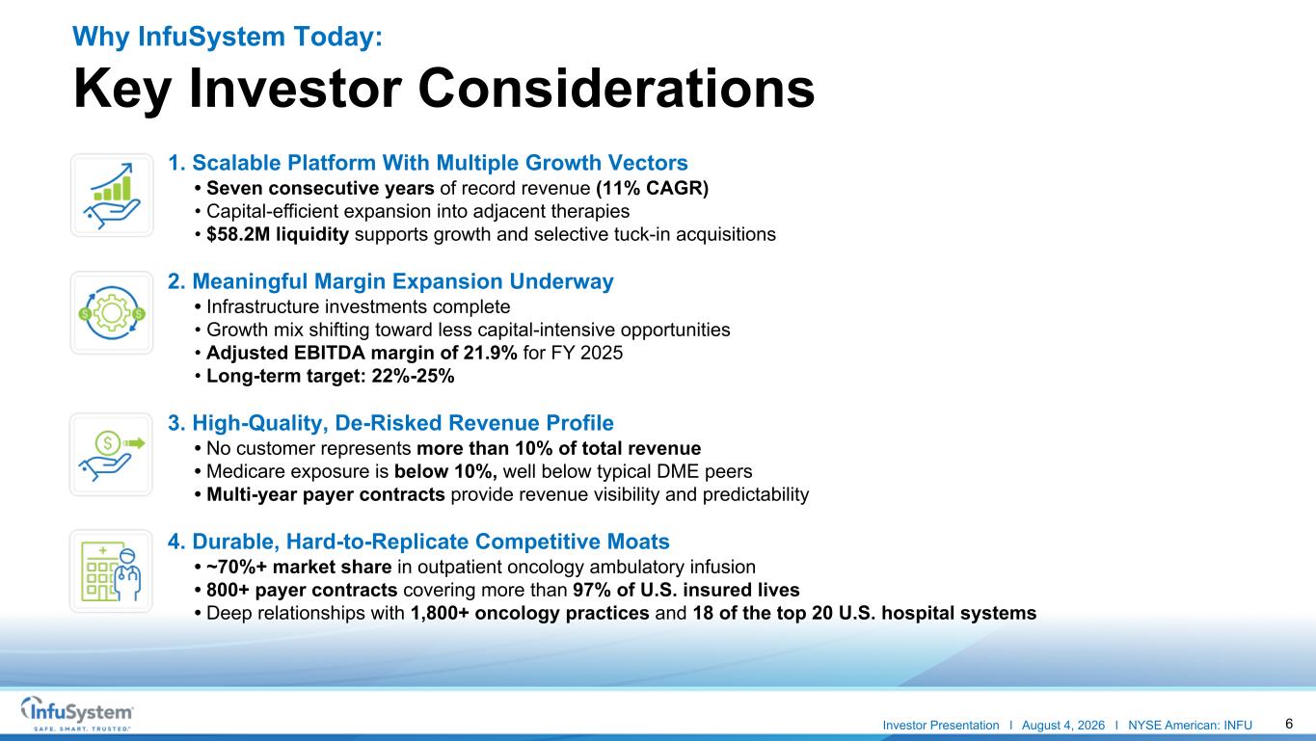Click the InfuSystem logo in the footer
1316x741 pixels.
tap(77, 713)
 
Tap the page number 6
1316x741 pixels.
tap(1289, 724)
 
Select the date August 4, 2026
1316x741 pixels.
tap(1062, 726)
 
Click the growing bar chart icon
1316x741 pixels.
tap(112, 196)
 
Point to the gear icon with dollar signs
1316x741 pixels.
tap(112, 313)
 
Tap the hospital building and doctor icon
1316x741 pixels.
tap(111, 571)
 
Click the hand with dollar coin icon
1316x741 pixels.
tap(111, 455)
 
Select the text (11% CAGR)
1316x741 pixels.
tap(652, 188)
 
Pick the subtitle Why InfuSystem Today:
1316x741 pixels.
tap(228, 37)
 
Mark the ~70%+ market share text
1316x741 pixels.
tap(299, 568)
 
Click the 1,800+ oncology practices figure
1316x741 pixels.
tap(529, 613)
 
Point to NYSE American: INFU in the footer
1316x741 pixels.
tap(1190, 726)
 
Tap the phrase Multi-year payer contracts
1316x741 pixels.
tap(326, 494)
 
